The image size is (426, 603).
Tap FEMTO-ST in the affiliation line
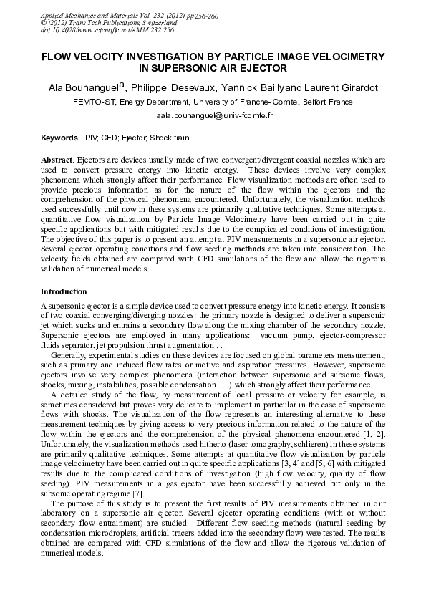(x=94, y=102)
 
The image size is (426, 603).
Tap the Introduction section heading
(x=64, y=291)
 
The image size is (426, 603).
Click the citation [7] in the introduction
(x=137, y=494)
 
